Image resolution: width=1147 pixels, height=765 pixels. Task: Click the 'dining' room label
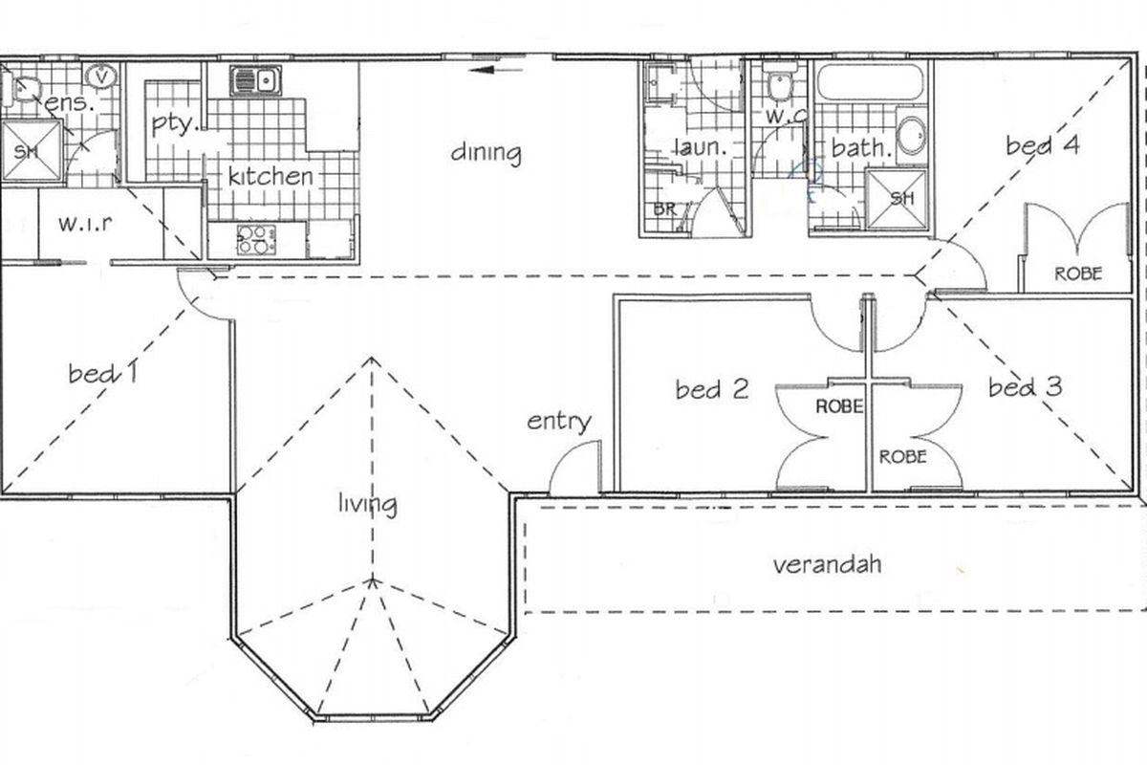click(x=486, y=153)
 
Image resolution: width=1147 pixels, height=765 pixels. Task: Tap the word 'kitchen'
click(x=271, y=176)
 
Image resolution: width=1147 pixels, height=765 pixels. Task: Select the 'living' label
click(x=368, y=505)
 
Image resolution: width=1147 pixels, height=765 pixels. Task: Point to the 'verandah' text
click(x=827, y=564)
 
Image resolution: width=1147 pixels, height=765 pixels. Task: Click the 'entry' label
click(x=559, y=423)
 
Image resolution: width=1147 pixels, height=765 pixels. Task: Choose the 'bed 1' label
click(x=103, y=373)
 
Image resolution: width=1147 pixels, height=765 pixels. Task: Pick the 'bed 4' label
click(x=1043, y=145)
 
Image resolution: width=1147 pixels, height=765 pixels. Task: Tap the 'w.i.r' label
click(x=85, y=224)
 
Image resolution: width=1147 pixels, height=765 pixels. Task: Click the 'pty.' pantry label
click(x=175, y=124)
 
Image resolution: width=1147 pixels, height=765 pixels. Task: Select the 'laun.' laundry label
click(x=701, y=147)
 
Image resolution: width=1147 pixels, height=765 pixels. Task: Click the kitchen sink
click(x=255, y=81)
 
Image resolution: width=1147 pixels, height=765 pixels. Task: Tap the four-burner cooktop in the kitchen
click(x=256, y=240)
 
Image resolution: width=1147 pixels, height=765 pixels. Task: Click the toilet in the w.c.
click(x=780, y=86)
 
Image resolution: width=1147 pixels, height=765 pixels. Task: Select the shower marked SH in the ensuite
click(x=31, y=151)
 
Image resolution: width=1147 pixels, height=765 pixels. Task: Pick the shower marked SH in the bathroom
click(x=898, y=199)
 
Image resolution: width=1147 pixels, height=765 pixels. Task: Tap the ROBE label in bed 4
click(x=1078, y=274)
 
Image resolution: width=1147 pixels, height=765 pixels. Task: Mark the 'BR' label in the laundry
click(x=665, y=209)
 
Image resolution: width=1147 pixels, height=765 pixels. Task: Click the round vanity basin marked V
click(x=102, y=77)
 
